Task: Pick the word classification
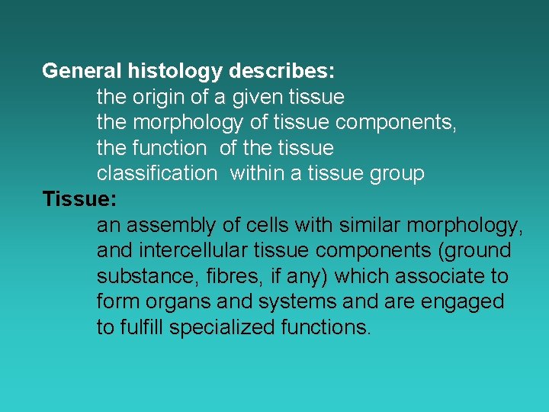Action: tap(156, 173)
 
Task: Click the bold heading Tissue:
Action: tap(79, 199)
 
